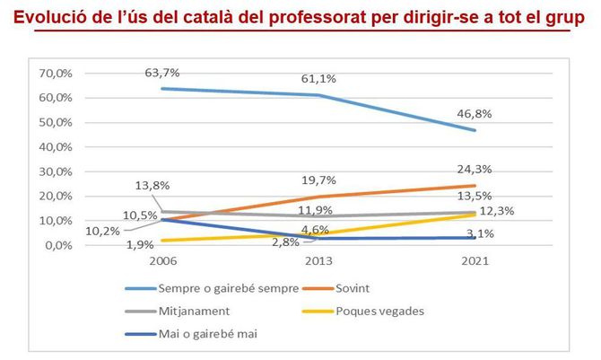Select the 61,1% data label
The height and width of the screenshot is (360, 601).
point(318,79)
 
